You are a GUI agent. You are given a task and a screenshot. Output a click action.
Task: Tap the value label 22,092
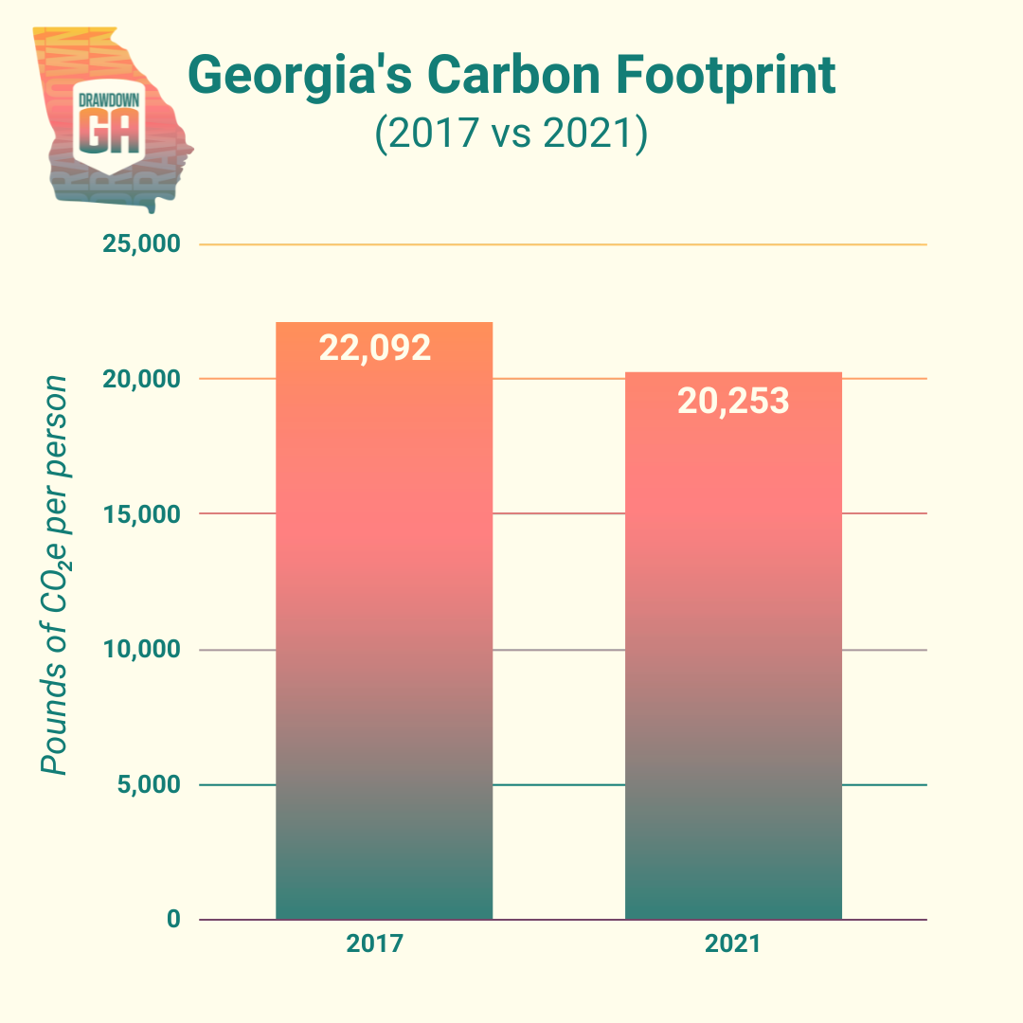tap(375, 348)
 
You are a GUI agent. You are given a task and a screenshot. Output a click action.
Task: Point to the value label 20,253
tap(733, 401)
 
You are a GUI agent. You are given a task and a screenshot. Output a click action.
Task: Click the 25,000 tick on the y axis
tap(140, 245)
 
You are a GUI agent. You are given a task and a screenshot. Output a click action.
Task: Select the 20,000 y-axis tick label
tap(140, 380)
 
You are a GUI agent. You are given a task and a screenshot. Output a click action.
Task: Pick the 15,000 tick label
tap(140, 514)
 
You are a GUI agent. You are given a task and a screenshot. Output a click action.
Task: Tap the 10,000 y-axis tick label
tap(140, 650)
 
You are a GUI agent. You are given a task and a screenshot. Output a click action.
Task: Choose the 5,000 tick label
tap(145, 785)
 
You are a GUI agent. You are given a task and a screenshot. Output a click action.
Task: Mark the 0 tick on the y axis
tap(172, 920)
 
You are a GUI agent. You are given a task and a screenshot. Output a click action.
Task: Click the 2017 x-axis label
tap(375, 945)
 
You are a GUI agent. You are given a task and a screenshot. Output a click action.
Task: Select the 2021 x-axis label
tap(732, 945)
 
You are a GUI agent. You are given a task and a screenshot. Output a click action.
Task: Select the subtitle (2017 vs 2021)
tap(511, 134)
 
